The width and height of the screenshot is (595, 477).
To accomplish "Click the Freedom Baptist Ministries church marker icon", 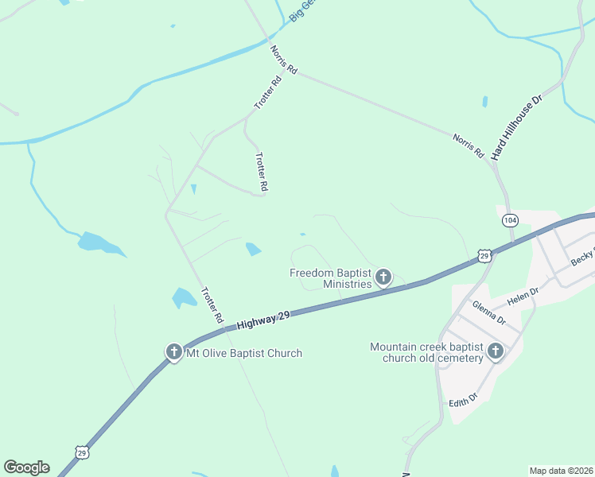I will (383, 277).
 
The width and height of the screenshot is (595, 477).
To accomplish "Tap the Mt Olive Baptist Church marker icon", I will (174, 352).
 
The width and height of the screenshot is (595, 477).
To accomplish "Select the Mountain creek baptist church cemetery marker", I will (496, 351).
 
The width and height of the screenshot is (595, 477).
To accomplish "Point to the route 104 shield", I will (511, 219).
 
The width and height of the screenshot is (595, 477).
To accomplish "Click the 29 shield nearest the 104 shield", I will (484, 255).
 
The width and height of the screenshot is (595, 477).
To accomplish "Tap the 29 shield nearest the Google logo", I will (82, 452).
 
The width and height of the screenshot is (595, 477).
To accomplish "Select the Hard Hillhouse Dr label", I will (516, 126).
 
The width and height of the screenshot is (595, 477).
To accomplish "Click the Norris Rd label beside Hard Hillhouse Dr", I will (469, 145).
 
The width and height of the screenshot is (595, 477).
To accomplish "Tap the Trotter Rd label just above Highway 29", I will (212, 304).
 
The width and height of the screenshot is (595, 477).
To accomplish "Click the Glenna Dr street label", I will (488, 312).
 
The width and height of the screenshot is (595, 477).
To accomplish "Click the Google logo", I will (26, 467).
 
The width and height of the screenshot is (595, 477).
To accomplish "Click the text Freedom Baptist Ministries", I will (331, 278).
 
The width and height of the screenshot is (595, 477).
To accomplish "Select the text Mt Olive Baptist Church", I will (243, 353).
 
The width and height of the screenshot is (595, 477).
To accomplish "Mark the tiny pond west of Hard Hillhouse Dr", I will (484, 102).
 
